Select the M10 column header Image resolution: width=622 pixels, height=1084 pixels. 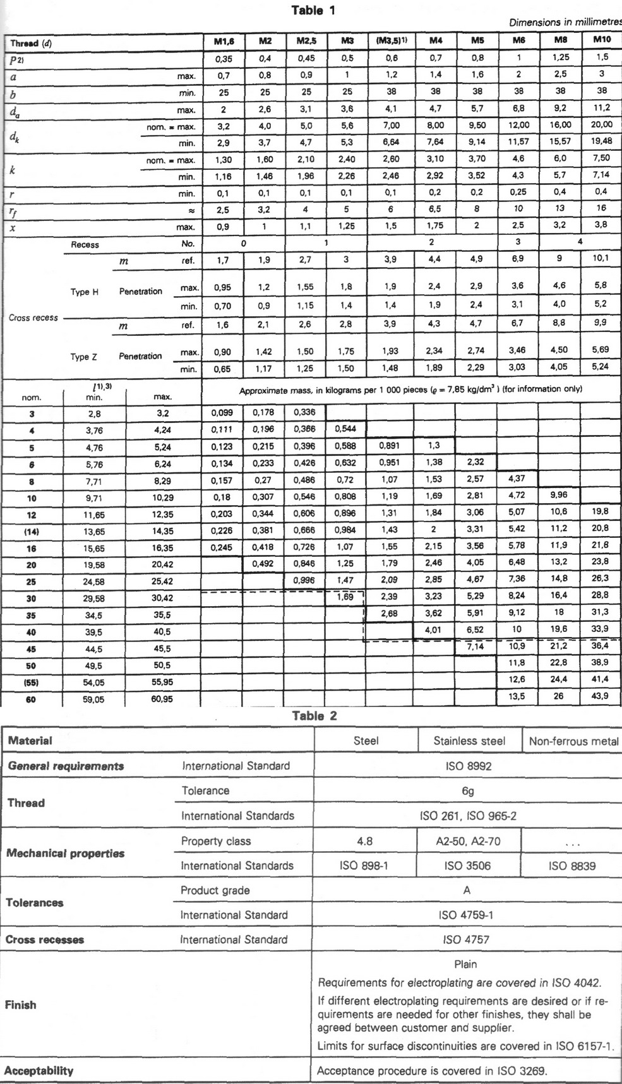[x=601, y=39]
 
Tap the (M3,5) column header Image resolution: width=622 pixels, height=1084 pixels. [x=391, y=40]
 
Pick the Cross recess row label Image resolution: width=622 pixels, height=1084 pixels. [x=33, y=318]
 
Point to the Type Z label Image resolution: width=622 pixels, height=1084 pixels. [x=83, y=357]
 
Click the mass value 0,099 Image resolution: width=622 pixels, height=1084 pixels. [x=221, y=413]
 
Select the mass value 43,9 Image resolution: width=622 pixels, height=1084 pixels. [x=600, y=696]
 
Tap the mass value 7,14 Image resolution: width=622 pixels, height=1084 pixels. [x=475, y=646]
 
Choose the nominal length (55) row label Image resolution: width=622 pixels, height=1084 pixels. [x=31, y=682]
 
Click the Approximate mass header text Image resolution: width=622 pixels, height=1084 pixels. [x=410, y=390]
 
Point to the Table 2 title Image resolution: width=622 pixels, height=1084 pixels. [x=314, y=715]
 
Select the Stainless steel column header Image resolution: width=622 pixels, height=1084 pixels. [x=469, y=741]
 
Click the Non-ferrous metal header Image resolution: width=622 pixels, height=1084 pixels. [x=573, y=742]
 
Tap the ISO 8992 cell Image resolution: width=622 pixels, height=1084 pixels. [x=467, y=766]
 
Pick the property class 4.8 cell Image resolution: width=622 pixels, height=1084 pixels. [x=365, y=841]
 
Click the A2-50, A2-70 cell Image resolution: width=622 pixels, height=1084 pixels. [x=469, y=841]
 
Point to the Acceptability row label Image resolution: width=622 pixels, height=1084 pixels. [x=39, y=1071]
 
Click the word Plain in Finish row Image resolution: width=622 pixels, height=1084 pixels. [x=465, y=965]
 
